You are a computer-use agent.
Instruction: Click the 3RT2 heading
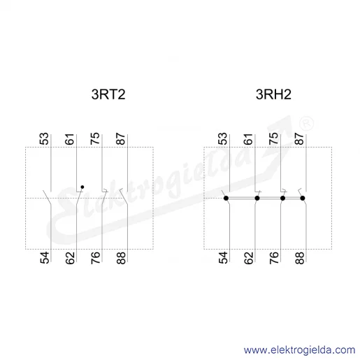(108, 94)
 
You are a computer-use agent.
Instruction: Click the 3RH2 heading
(273, 94)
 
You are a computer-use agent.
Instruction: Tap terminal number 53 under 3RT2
(44, 139)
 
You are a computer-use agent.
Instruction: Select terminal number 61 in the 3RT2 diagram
(70, 139)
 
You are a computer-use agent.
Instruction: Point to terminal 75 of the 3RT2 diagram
(95, 138)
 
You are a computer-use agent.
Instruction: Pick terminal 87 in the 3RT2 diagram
(121, 139)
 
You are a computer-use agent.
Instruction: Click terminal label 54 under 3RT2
(45, 257)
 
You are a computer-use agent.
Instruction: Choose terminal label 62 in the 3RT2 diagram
(70, 258)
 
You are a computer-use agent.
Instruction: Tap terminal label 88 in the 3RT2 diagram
(121, 258)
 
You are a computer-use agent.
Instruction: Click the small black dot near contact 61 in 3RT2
(82, 187)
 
